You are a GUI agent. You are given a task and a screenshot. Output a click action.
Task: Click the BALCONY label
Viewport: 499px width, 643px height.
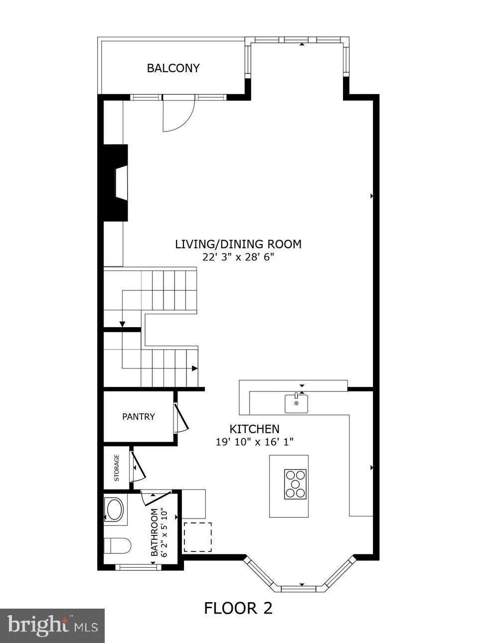pyautogui.click(x=173, y=68)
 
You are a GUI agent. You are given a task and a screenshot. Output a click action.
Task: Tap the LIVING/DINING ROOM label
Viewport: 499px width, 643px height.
pyautogui.click(x=238, y=244)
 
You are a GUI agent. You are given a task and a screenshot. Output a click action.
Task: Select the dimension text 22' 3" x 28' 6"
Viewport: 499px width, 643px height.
pyautogui.click(x=238, y=257)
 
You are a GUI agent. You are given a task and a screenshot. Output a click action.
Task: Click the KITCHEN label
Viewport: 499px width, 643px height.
pyautogui.click(x=254, y=429)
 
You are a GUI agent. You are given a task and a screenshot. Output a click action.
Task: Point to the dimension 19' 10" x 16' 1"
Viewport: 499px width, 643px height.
pyautogui.click(x=254, y=441)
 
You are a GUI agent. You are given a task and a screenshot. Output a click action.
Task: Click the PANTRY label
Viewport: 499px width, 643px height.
pyautogui.click(x=139, y=417)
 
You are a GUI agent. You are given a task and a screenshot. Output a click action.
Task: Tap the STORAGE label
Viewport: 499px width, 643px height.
pyautogui.click(x=117, y=468)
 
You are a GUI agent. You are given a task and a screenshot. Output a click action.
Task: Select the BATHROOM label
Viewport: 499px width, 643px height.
pyautogui.click(x=155, y=532)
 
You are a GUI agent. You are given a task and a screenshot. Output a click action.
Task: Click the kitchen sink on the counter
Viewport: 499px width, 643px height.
pyautogui.click(x=296, y=403)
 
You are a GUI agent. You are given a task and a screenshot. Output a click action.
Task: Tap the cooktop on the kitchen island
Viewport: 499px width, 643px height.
pyautogui.click(x=295, y=484)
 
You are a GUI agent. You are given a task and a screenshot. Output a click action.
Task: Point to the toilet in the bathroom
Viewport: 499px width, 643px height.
pyautogui.click(x=118, y=546)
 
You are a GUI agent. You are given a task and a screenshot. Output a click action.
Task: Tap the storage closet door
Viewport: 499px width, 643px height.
pyautogui.click(x=137, y=467)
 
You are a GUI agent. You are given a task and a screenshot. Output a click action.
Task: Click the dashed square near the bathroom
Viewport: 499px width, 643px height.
pyautogui.click(x=197, y=537)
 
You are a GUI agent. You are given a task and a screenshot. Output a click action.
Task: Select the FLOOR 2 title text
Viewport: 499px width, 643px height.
pyautogui.click(x=238, y=608)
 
